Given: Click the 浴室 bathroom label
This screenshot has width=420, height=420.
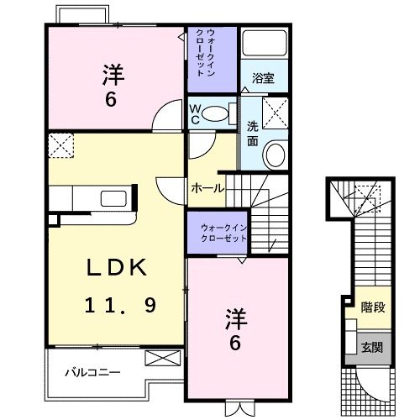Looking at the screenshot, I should pyautogui.click(x=263, y=78).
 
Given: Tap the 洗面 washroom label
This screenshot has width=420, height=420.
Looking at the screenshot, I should pyautogui.click(x=253, y=133).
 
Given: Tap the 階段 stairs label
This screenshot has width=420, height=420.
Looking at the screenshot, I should pyautogui.click(x=374, y=307).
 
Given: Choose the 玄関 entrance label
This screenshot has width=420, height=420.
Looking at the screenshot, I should pyautogui.click(x=372, y=347).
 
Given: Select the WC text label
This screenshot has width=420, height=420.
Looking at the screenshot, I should pyautogui.click(x=194, y=113).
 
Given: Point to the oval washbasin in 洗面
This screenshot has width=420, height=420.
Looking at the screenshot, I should pyautogui.click(x=275, y=155).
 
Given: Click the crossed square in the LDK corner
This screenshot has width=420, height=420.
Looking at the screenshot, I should pyautogui.click(x=60, y=145).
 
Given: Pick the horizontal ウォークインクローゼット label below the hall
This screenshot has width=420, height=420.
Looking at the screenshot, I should pyautogui.click(x=224, y=232).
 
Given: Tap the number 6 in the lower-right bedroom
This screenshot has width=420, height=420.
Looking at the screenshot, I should pyautogui.click(x=236, y=343).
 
